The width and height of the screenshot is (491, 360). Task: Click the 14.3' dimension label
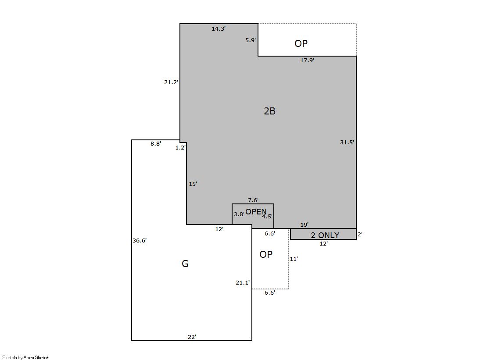pyautogui.click(x=219, y=29)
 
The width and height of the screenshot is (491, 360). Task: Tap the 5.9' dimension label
pyautogui.click(x=251, y=40)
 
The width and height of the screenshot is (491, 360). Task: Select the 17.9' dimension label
pyautogui.click(x=307, y=60)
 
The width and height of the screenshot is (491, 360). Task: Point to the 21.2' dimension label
pyautogui.click(x=171, y=82)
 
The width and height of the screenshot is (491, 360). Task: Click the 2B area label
pyautogui.click(x=269, y=111)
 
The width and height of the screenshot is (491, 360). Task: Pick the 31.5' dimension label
pyautogui.click(x=347, y=143)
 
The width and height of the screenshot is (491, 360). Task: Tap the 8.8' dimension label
pyautogui.click(x=156, y=144)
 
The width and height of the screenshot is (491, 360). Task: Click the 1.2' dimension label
pyautogui.click(x=180, y=148)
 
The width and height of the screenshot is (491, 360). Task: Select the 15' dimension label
pyautogui.click(x=193, y=184)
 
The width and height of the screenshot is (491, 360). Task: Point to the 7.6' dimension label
pyautogui.click(x=253, y=200)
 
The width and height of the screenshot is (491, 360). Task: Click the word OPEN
pyautogui.click(x=256, y=212)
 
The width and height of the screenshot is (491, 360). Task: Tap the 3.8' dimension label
pyautogui.click(x=239, y=214)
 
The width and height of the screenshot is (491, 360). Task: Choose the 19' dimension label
pyautogui.click(x=305, y=225)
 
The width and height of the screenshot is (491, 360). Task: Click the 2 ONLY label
pyautogui.click(x=325, y=235)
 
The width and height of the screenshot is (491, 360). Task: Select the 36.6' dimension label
pyautogui.click(x=140, y=241)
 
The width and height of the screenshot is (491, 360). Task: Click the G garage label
pyautogui.click(x=185, y=264)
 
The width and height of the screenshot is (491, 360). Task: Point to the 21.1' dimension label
pyautogui.click(x=243, y=283)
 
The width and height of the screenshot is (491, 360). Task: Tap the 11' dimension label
pyautogui.click(x=294, y=259)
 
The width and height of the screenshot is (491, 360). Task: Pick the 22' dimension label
pyautogui.click(x=192, y=337)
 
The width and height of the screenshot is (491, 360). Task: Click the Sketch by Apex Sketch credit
pyautogui.click(x=26, y=357)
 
